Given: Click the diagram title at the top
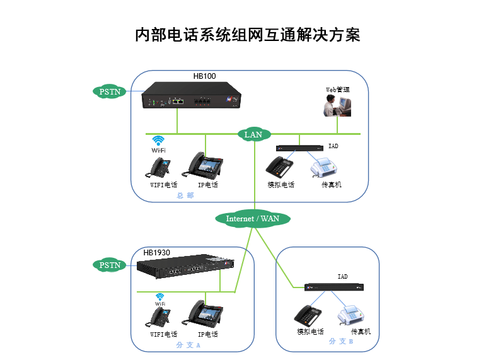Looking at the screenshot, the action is click(247, 35).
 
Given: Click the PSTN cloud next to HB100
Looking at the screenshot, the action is click(110, 92).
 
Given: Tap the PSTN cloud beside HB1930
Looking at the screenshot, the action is click(110, 265).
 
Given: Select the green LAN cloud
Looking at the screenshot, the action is click(254, 134).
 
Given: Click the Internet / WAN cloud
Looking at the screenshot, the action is click(253, 219).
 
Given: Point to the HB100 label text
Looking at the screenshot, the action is click(204, 76).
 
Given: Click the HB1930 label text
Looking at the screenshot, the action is click(156, 253).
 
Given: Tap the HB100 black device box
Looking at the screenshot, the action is click(191, 95).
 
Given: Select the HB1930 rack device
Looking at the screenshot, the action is click(185, 266).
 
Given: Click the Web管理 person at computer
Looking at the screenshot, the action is click(337, 105).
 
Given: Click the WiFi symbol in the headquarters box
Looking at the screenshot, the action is click(158, 144).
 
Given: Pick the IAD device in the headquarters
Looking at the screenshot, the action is click(299, 148).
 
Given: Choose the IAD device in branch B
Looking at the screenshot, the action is click(334, 287).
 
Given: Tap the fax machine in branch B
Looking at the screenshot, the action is click(351, 315).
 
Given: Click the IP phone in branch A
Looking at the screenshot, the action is click(202, 313).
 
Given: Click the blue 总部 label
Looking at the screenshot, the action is click(185, 195).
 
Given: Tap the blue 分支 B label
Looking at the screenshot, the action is click(341, 341).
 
